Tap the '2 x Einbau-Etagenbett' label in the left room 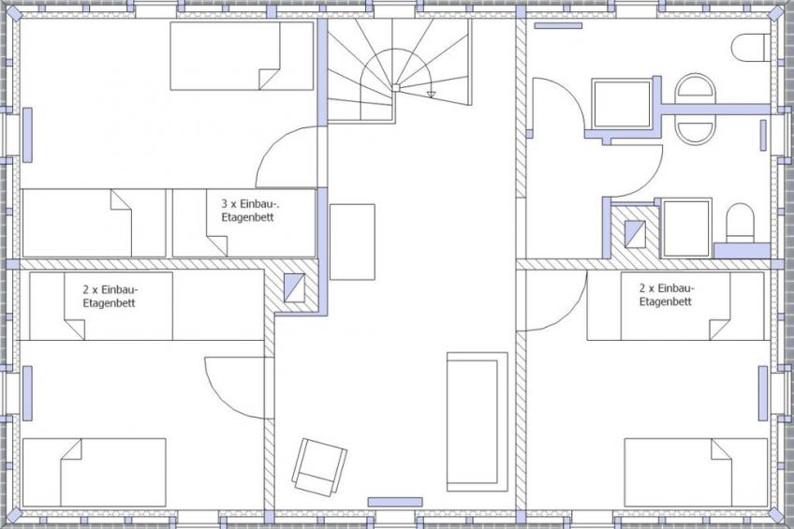(x=110, y=297)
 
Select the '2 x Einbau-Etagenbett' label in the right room (x=667, y=295)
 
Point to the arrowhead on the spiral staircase (x=431, y=95)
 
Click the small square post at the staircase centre (x=395, y=88)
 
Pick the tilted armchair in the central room (x=319, y=466)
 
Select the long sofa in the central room (x=477, y=421)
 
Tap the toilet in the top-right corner (x=750, y=48)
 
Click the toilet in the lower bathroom (x=740, y=223)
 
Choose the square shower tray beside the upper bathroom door (x=622, y=104)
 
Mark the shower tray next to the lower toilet (x=686, y=228)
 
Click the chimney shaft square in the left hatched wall (x=294, y=287)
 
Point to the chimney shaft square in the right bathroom (x=635, y=234)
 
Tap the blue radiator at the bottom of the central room (x=395, y=502)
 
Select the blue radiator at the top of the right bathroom (x=559, y=25)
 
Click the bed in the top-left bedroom (x=242, y=55)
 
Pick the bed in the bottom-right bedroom (x=696, y=472)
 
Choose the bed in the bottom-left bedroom (x=95, y=472)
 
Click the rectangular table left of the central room (x=352, y=242)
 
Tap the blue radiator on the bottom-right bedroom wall (x=762, y=393)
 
